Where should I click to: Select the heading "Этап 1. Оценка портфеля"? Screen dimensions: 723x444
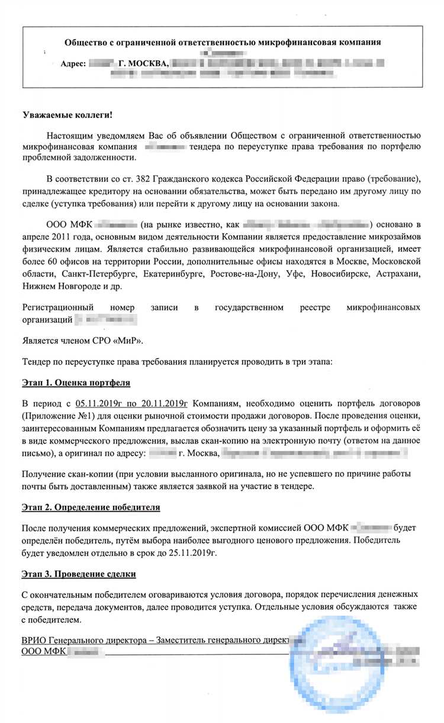tap(76, 383)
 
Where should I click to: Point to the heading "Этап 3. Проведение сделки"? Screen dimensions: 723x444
tap(79, 574)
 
